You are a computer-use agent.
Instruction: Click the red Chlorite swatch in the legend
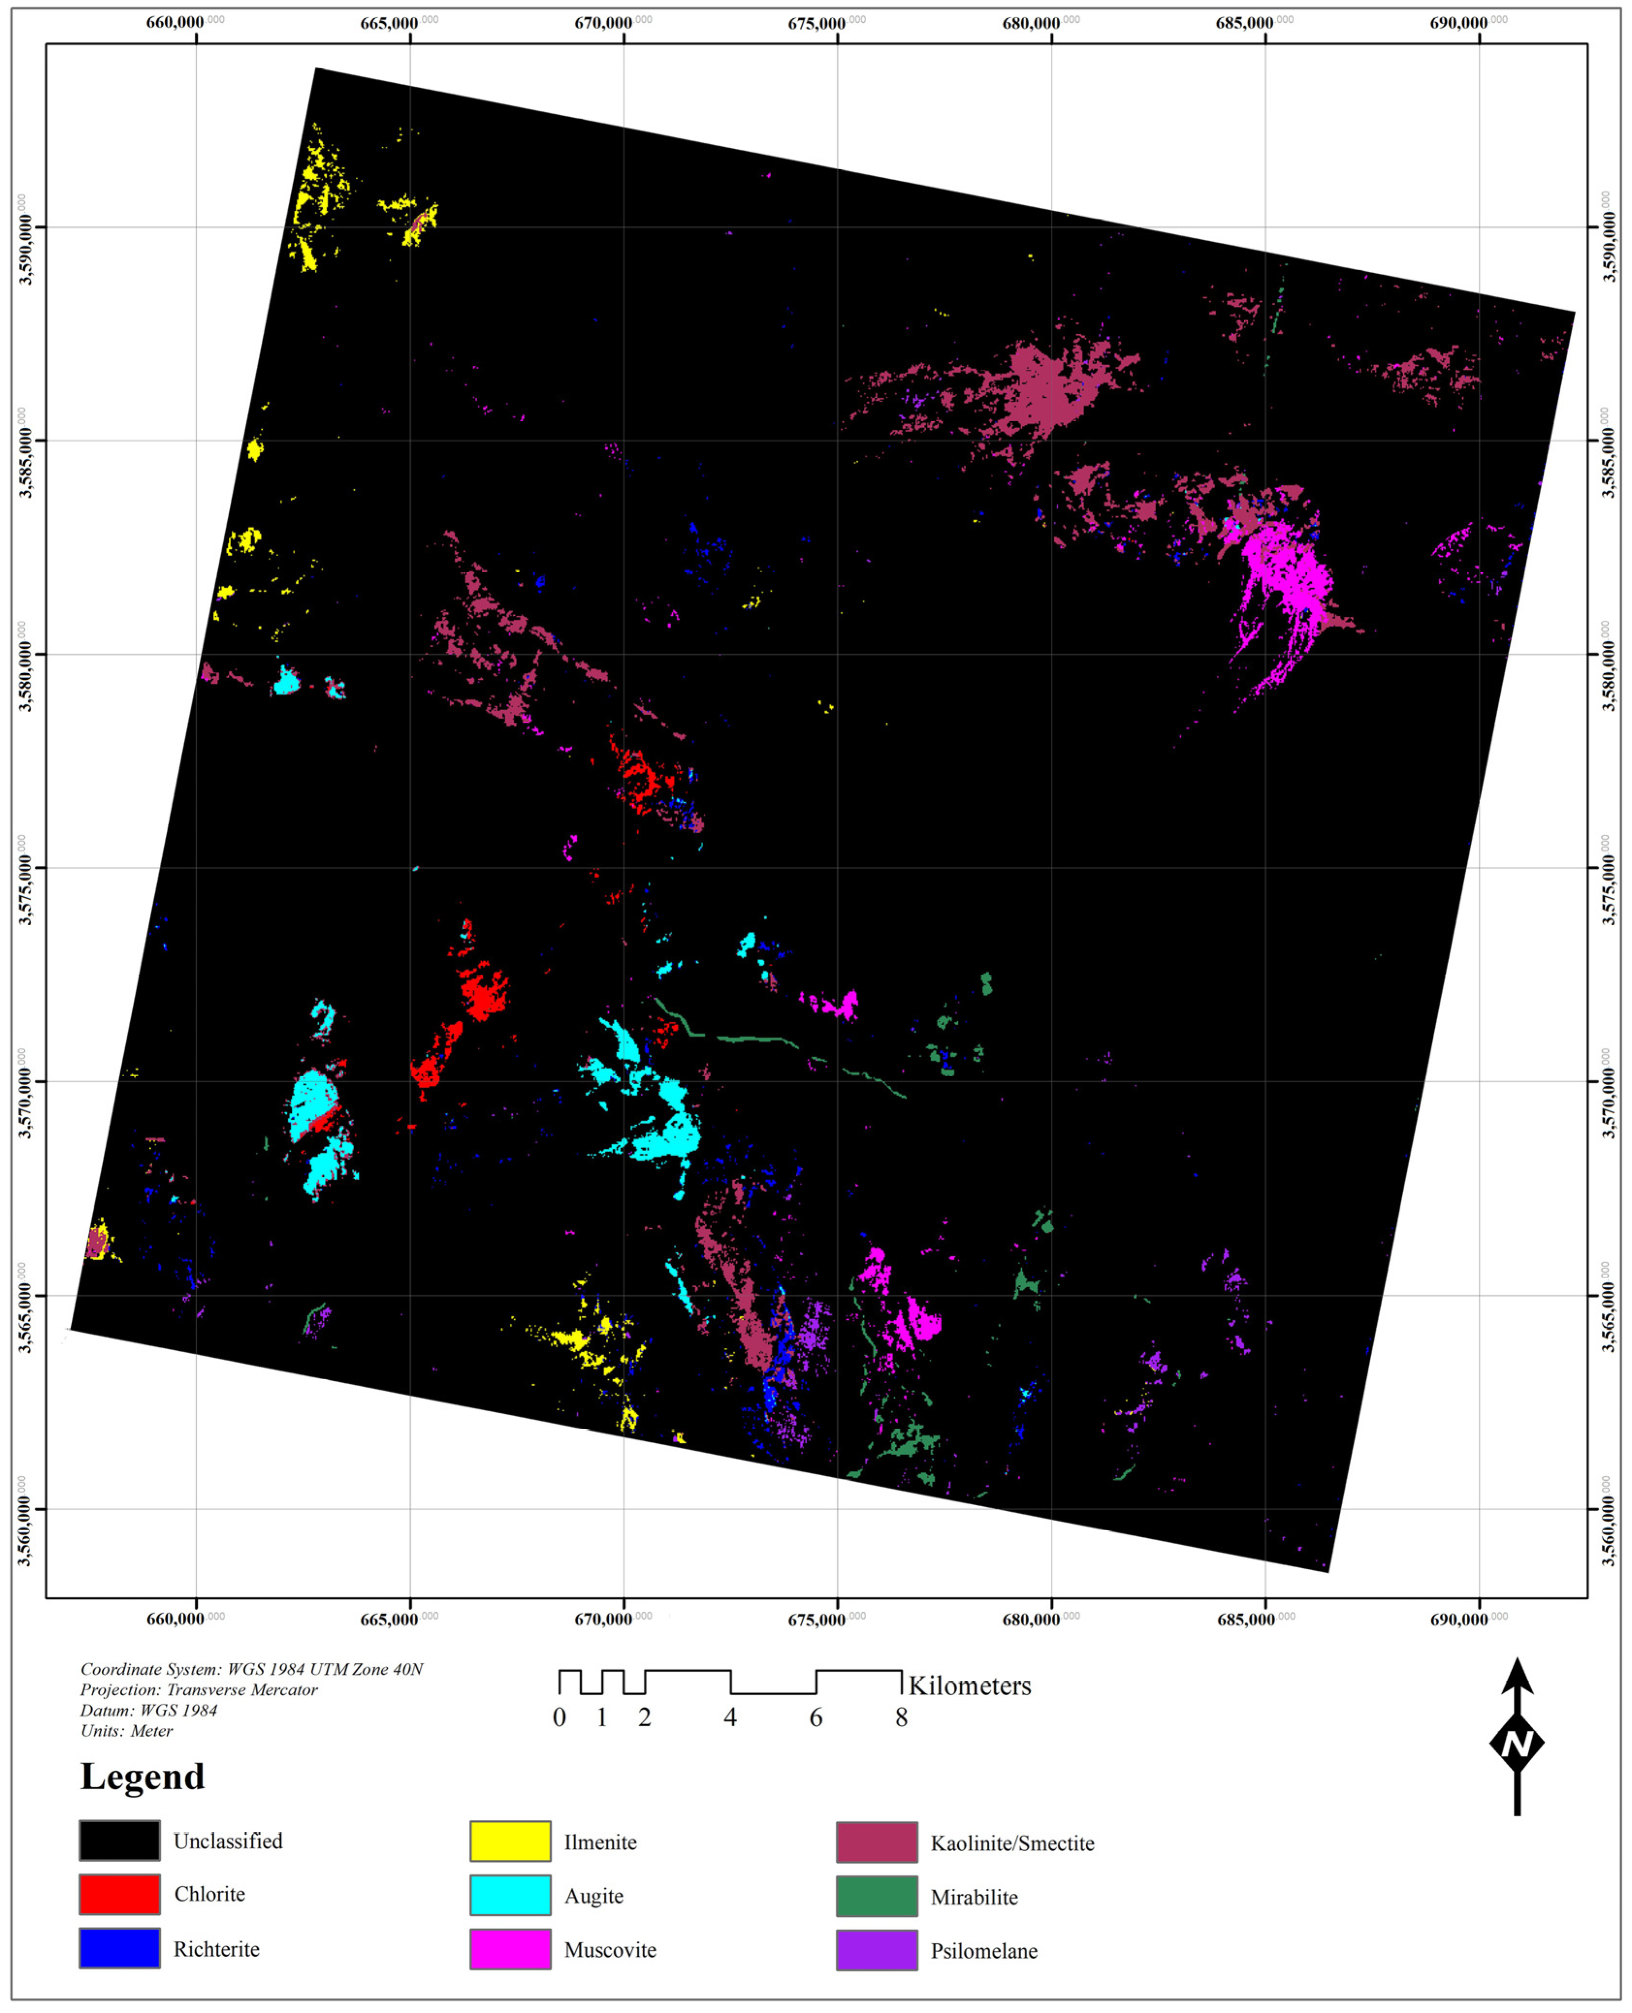119,1894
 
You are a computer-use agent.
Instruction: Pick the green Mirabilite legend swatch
876,1896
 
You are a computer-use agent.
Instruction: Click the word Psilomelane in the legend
983,1950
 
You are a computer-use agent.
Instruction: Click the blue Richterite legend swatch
119,1947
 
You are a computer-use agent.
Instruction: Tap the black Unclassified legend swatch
119,1840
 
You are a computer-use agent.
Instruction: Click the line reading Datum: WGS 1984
148,1710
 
